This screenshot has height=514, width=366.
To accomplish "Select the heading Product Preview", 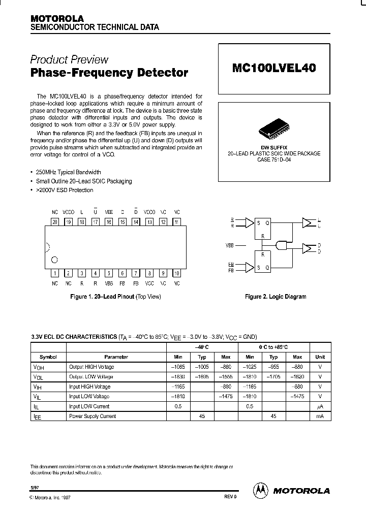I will tap(69, 59).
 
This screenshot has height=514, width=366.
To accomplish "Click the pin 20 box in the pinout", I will tap(55, 221).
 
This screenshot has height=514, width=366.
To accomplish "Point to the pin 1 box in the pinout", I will tap(55, 273).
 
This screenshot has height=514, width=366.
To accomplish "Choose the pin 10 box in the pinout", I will tap(176, 273).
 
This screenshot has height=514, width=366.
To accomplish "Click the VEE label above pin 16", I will tap(109, 211).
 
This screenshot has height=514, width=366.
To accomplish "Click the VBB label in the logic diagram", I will tap(230, 245).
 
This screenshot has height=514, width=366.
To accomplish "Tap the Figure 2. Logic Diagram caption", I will tap(276, 297).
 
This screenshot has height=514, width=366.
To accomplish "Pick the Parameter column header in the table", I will tap(116, 357).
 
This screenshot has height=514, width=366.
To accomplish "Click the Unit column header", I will tap(320, 357).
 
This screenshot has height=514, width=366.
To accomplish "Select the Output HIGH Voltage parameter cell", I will tap(91, 367).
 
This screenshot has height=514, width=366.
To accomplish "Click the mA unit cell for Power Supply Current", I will tap(320, 416).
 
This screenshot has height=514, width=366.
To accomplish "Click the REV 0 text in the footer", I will tap(230, 497).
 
